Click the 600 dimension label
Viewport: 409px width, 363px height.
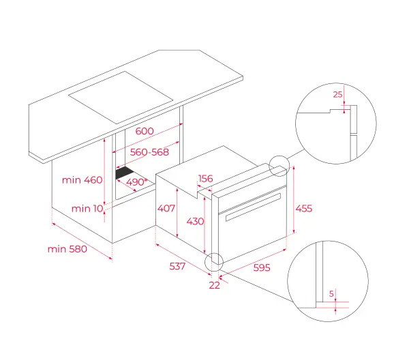coord(145,131)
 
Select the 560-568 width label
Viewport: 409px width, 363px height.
coord(149,152)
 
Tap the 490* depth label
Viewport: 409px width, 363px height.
coord(137,181)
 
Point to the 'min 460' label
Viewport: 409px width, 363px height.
coord(82,180)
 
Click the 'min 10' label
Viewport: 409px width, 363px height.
coord(87,208)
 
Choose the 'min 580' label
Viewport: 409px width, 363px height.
coord(67,249)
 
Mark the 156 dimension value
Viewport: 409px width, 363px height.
coord(206,179)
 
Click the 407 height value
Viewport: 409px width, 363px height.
coord(166,208)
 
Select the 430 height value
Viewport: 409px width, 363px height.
coord(195,221)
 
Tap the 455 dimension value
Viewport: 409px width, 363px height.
coord(304,208)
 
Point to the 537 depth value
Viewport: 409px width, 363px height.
coord(177,266)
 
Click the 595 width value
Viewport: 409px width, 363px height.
coord(262,267)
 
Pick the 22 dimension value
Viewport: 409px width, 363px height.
coord(215,285)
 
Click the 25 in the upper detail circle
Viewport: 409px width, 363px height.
coord(337,94)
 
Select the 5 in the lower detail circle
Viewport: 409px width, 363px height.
coord(331,294)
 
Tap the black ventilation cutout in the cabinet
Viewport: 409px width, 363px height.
coord(125,173)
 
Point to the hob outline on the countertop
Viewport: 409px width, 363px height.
coord(121,98)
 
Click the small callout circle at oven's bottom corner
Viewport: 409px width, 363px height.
coord(204,262)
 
